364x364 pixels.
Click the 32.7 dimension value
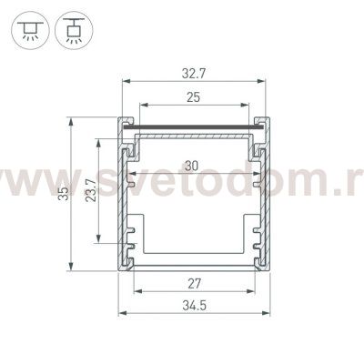pos(194,74)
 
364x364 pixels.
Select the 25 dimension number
pos(193,97)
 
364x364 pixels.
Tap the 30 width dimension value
pos(192,167)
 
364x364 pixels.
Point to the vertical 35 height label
pos(64,193)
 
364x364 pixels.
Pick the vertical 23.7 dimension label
pos(91,191)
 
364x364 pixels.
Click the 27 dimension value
pos(194,284)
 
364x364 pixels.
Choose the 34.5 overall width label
pos(194,306)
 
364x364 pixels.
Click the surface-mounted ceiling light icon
pos(30,30)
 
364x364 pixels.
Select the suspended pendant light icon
pos(74,30)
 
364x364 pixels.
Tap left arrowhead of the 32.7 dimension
pos(126,81)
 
